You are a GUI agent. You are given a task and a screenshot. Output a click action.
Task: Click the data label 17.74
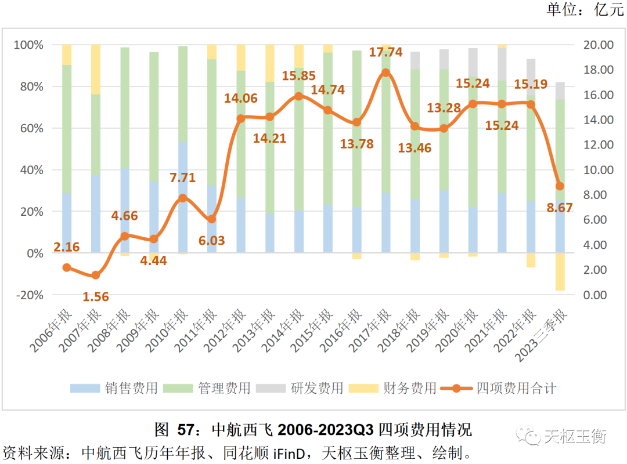pyautogui.click(x=385, y=52)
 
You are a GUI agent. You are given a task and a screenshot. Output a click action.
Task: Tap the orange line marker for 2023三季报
pyautogui.click(x=560, y=186)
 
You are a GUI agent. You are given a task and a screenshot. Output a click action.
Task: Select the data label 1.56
pyautogui.click(x=96, y=296)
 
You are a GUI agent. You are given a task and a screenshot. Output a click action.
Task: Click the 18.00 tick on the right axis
pyautogui.click(x=599, y=70)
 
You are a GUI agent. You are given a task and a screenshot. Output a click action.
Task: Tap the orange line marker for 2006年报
pyautogui.click(x=67, y=267)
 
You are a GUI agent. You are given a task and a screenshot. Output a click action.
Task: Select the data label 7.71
pyautogui.click(x=183, y=177)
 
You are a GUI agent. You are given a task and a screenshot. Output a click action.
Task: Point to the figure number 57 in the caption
pyautogui.click(x=185, y=430)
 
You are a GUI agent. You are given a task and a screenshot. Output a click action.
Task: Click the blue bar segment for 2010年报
pyautogui.click(x=183, y=197)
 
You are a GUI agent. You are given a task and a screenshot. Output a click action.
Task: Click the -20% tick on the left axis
pyautogui.click(x=29, y=295)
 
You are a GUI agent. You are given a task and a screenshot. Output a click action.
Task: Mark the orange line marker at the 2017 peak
pyautogui.click(x=386, y=73)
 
